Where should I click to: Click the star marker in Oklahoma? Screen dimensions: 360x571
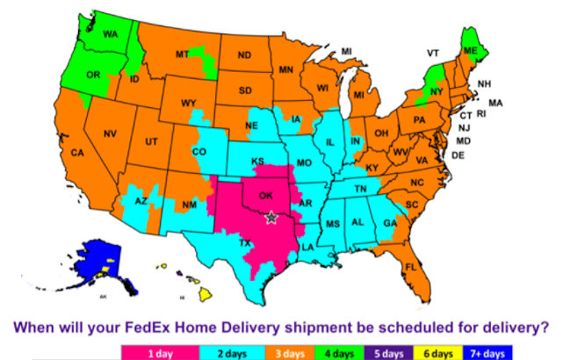point(270,217)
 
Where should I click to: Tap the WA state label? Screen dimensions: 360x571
point(110,34)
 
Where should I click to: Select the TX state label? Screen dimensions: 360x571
point(246,242)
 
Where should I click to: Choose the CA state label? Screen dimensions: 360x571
point(76,153)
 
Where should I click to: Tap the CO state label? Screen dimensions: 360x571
point(199,152)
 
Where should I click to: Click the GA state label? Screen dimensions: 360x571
point(390,223)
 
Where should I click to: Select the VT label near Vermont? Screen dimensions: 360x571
point(432,54)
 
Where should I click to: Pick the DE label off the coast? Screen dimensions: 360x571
point(458,155)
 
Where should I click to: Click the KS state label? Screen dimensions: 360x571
point(258,162)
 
